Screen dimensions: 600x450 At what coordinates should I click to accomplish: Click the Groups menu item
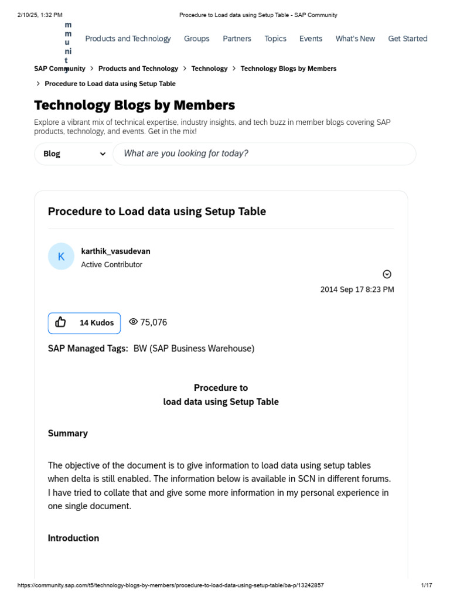(x=196, y=39)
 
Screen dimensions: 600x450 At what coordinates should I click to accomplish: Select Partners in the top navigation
(x=237, y=39)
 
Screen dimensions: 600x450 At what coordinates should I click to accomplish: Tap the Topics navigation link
(x=275, y=39)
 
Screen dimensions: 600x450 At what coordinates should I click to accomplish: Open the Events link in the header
(x=311, y=39)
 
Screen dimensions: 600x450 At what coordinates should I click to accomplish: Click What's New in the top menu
(x=355, y=39)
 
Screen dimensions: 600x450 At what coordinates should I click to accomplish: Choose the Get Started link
(x=408, y=39)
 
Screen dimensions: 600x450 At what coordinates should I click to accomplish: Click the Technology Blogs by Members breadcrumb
(x=288, y=69)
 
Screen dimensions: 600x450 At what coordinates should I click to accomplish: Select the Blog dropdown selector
(x=74, y=154)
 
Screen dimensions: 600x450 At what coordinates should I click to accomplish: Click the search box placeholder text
(x=186, y=154)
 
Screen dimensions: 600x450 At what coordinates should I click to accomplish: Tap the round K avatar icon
(x=61, y=257)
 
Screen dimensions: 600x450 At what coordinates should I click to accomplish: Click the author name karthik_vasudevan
(x=115, y=251)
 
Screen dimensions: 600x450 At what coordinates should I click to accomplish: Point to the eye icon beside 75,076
(x=133, y=322)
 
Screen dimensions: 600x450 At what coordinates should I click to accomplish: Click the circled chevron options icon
(x=387, y=274)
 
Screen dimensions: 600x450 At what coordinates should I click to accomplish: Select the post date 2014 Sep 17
(x=357, y=289)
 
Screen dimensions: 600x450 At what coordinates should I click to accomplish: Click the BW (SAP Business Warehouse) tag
(x=194, y=349)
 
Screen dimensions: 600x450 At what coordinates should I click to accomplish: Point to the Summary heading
(x=68, y=434)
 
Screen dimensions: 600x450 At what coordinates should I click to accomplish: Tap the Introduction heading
(x=73, y=538)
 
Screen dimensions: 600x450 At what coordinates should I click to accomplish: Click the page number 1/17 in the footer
(x=427, y=585)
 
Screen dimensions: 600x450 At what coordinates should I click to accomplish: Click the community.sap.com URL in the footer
(x=171, y=585)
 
